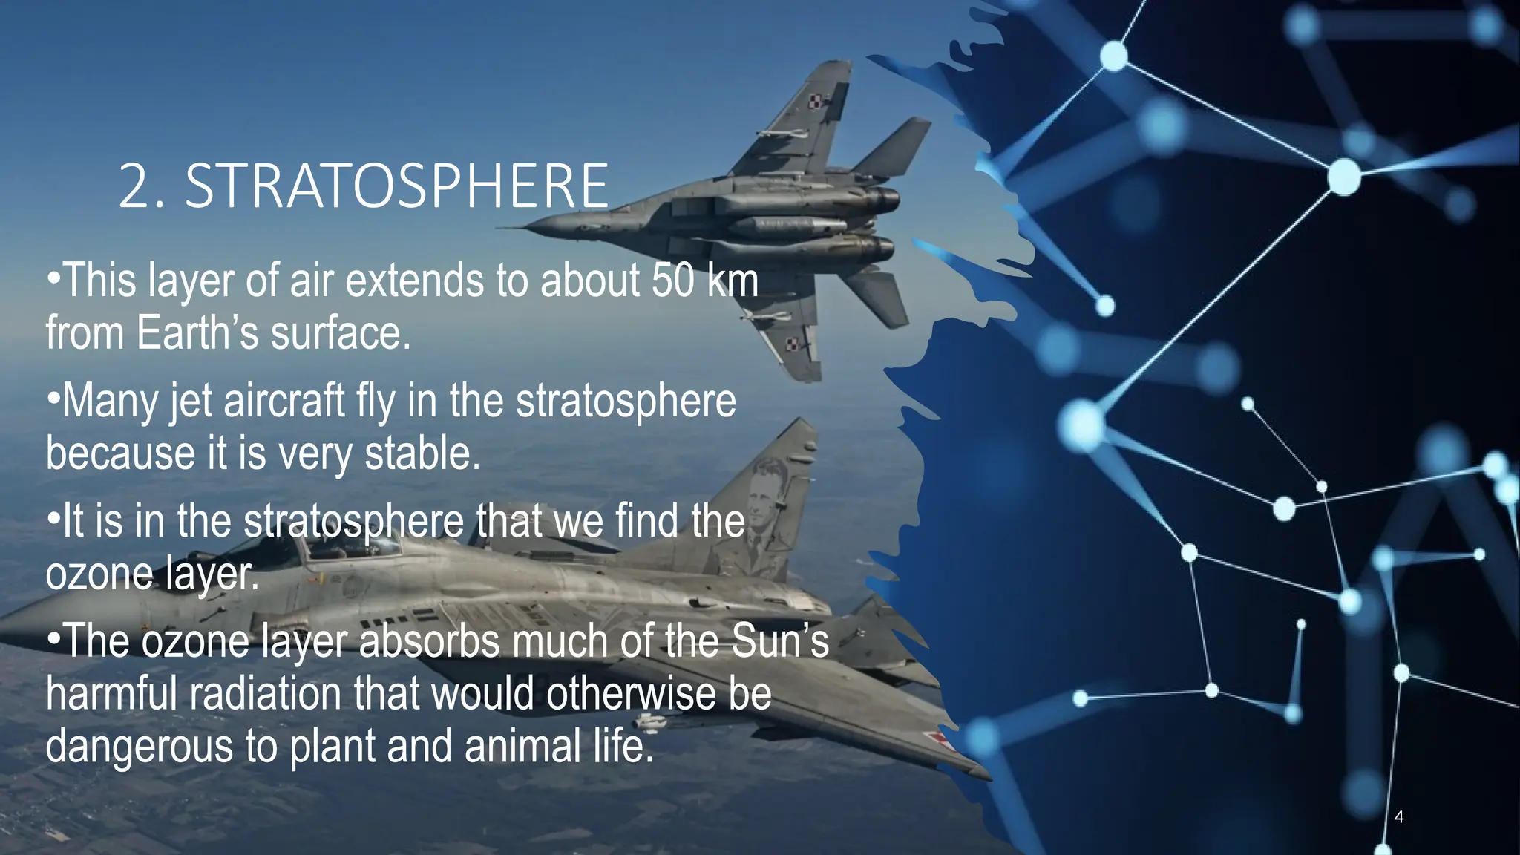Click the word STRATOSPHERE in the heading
(397, 186)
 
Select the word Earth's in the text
(197, 332)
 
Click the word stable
(422, 453)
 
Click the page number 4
(1399, 817)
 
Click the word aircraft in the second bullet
(284, 402)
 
